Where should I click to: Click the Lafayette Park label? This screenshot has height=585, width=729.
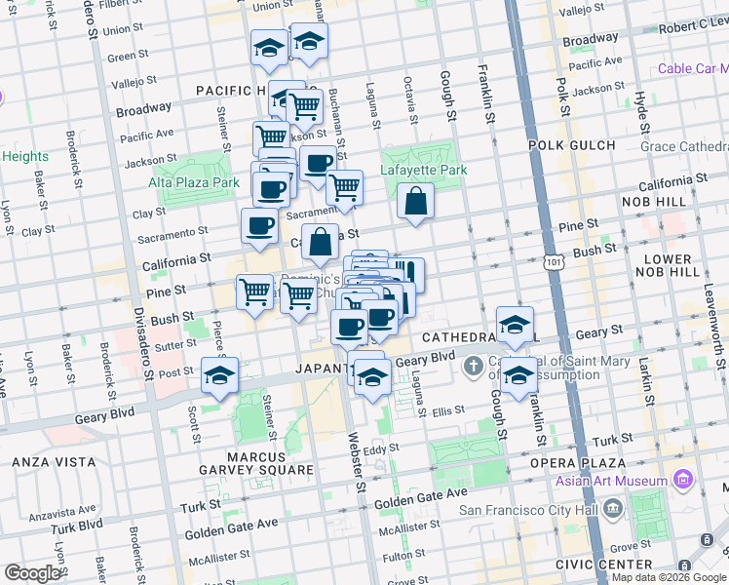[x=424, y=170]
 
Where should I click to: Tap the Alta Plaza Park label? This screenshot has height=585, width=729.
[x=194, y=182]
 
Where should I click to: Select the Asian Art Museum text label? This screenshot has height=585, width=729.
[x=611, y=481]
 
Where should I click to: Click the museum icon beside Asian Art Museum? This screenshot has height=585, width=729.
[x=682, y=480]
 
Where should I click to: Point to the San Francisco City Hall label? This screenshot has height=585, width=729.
[x=527, y=509]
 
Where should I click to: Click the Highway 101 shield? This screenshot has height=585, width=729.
[x=553, y=262]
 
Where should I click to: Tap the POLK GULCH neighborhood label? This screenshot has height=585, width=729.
[x=572, y=145]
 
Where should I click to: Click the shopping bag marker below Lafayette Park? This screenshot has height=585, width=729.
[x=415, y=203]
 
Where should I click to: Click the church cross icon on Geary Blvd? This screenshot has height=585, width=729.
[x=474, y=368]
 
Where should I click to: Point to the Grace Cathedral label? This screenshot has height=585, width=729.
[x=684, y=146]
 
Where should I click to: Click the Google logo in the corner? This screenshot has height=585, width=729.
[x=32, y=573]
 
